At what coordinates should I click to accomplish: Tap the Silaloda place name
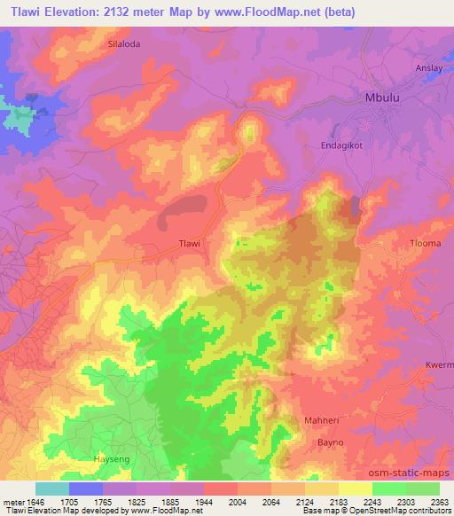[x=123, y=43]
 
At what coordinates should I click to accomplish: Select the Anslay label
[x=434, y=67]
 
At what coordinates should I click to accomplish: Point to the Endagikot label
[x=342, y=145]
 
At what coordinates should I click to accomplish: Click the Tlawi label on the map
[x=191, y=244]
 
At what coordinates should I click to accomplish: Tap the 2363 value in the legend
[x=440, y=500]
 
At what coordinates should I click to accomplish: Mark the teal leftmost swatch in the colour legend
[x=52, y=489]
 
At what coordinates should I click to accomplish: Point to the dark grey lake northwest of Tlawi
[x=187, y=209]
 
